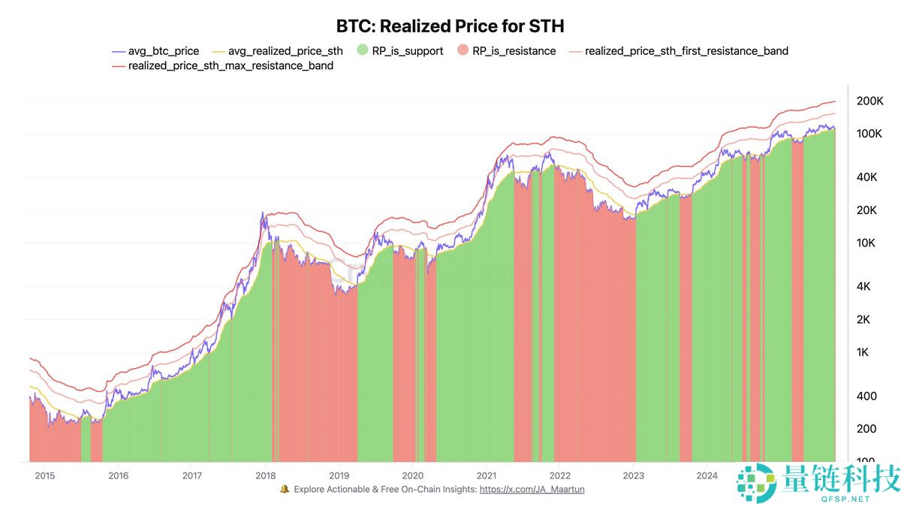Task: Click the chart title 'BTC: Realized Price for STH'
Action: [x=450, y=26]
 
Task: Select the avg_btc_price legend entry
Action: [x=155, y=51]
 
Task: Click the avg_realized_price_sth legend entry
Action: [x=277, y=51]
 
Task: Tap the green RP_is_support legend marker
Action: [x=363, y=51]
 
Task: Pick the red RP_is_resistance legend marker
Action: [x=463, y=51]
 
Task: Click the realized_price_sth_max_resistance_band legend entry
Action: [x=222, y=65]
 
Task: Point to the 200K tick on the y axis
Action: [x=869, y=101]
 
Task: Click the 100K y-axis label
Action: [x=869, y=134]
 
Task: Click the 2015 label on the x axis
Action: [x=44, y=475]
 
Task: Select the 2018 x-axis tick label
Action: [x=265, y=475]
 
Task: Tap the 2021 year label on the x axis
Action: [x=486, y=475]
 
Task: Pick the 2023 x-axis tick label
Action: [x=633, y=475]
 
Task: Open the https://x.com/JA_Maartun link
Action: [x=532, y=489]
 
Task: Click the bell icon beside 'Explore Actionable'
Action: [x=285, y=489]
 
